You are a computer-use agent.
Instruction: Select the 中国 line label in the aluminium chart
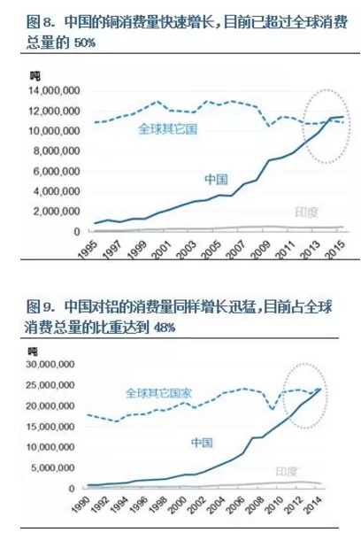tap(204, 440)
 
